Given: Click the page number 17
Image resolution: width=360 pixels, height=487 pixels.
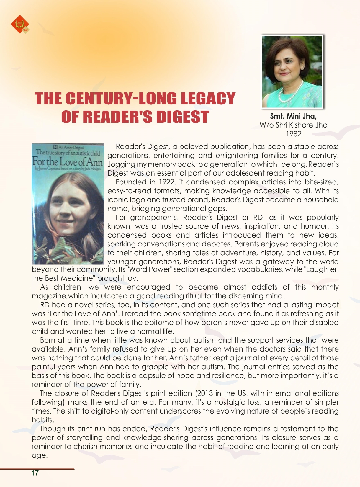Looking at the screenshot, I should point(35,473).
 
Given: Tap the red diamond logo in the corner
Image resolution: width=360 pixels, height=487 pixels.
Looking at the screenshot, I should point(20,24).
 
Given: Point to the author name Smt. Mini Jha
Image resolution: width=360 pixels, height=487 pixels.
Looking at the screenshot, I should point(293,116).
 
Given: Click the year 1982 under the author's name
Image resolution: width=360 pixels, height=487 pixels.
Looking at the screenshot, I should point(294,134).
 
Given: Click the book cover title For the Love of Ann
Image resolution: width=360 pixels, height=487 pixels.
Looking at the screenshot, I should point(68,162).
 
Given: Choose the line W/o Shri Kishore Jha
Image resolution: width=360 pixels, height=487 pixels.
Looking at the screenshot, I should point(294,125).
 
